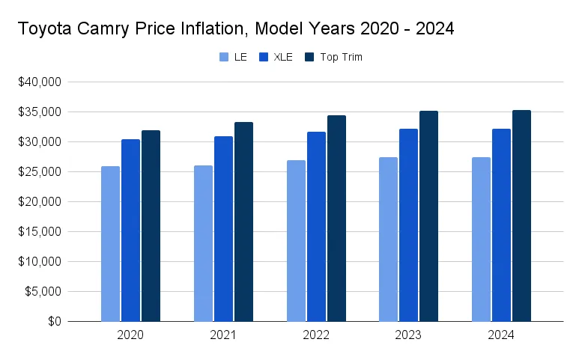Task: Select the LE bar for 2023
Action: point(388,240)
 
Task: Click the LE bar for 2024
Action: point(481,240)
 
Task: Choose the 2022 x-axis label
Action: point(316,335)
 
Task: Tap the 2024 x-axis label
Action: point(501,335)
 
